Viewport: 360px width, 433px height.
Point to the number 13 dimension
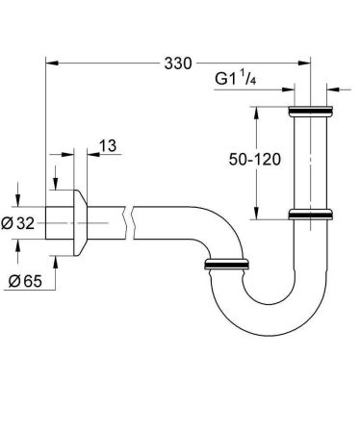pos(107,145)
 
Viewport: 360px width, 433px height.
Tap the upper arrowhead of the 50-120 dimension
pos(258,113)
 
